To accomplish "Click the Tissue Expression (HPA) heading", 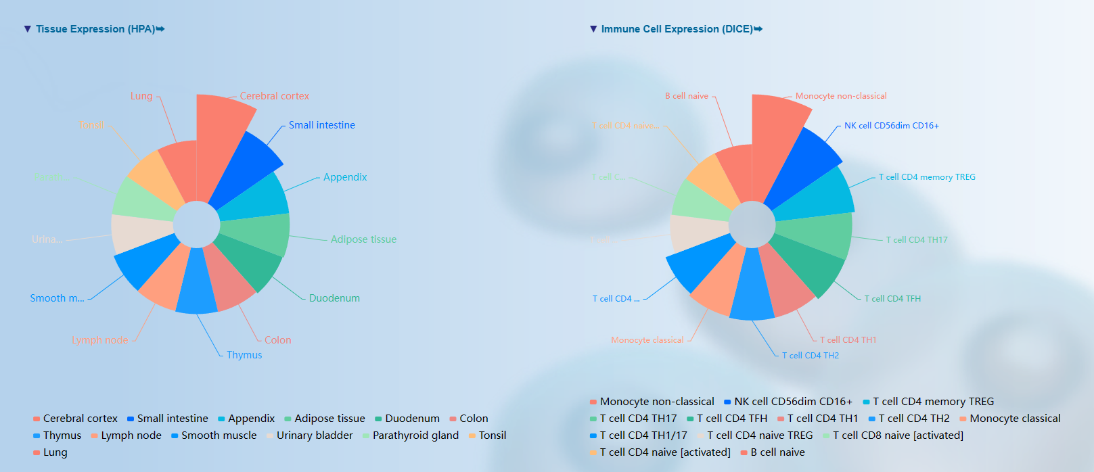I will click(x=95, y=29).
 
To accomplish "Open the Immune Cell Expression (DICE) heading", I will click(x=677, y=29).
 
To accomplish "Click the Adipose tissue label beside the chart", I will click(x=363, y=239).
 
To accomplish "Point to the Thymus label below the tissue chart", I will click(x=244, y=355).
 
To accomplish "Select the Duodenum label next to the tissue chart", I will click(x=334, y=298).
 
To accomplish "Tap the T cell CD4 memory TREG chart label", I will click(x=927, y=177).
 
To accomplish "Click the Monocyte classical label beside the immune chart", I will click(x=647, y=340).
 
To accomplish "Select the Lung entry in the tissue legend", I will click(x=55, y=452).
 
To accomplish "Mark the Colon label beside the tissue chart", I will click(x=277, y=340).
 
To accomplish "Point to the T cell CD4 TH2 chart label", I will click(x=811, y=356).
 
